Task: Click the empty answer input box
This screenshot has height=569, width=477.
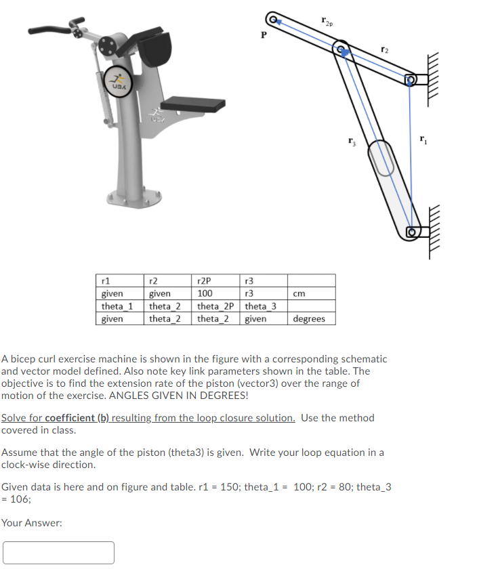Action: [58, 552]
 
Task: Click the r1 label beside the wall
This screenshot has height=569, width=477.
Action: [423, 140]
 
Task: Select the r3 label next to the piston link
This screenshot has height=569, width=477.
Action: [352, 142]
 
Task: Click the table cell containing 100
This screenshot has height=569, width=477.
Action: [205, 294]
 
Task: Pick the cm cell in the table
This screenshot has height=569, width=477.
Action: [298, 294]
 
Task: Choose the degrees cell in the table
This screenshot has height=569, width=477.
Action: [309, 318]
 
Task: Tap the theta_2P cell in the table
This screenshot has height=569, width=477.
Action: [215, 306]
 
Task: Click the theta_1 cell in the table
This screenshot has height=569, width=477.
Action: [117, 306]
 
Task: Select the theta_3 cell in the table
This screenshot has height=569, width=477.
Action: [260, 306]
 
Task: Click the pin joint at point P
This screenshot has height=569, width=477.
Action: [273, 18]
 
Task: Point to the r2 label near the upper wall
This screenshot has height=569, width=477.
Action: [384, 49]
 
